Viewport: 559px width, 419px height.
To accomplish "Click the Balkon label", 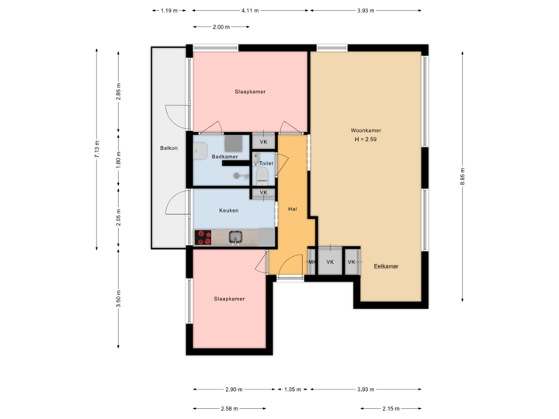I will click(x=168, y=148).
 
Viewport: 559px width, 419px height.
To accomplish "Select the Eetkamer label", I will click(x=386, y=266).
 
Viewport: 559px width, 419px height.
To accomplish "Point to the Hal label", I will click(x=293, y=209).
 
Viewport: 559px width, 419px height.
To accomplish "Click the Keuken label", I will click(x=228, y=210).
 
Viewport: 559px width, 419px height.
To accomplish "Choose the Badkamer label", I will click(x=224, y=157).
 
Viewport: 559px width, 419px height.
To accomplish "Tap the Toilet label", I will click(x=266, y=164).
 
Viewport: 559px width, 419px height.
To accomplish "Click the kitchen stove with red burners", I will click(x=205, y=237).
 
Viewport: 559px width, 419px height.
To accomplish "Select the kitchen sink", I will click(x=236, y=237).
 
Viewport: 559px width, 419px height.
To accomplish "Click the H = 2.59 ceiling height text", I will click(x=365, y=140).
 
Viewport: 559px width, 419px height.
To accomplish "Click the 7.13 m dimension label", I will click(x=96, y=147).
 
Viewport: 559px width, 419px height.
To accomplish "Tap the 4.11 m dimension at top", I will click(x=250, y=11).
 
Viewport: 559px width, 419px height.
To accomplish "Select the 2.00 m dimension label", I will click(x=221, y=27).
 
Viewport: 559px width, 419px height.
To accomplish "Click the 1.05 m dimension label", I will click(x=292, y=389).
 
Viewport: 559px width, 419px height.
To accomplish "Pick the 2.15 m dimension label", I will click(x=391, y=407).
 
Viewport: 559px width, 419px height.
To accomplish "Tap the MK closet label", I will click(x=312, y=262).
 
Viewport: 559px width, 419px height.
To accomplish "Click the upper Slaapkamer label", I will click(x=250, y=92).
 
